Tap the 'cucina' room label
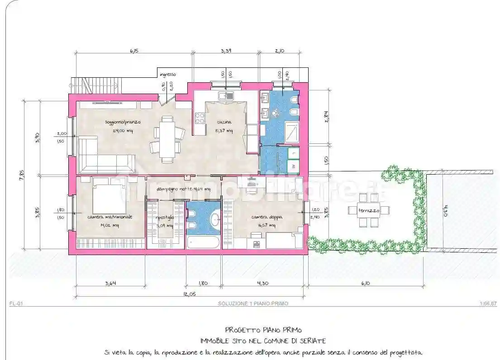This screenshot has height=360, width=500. (x=224, y=122)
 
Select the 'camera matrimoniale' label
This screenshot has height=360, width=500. (x=110, y=217)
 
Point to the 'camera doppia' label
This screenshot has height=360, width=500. (x=267, y=217)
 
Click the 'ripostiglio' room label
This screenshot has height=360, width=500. (x=165, y=217)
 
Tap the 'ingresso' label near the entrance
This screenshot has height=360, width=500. (x=167, y=74)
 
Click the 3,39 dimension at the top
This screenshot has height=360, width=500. (x=226, y=51)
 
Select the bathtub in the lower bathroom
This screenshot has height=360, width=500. (x=203, y=242)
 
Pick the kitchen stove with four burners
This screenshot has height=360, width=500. (x=200, y=118)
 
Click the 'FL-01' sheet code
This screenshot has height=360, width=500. (x=16, y=304)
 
